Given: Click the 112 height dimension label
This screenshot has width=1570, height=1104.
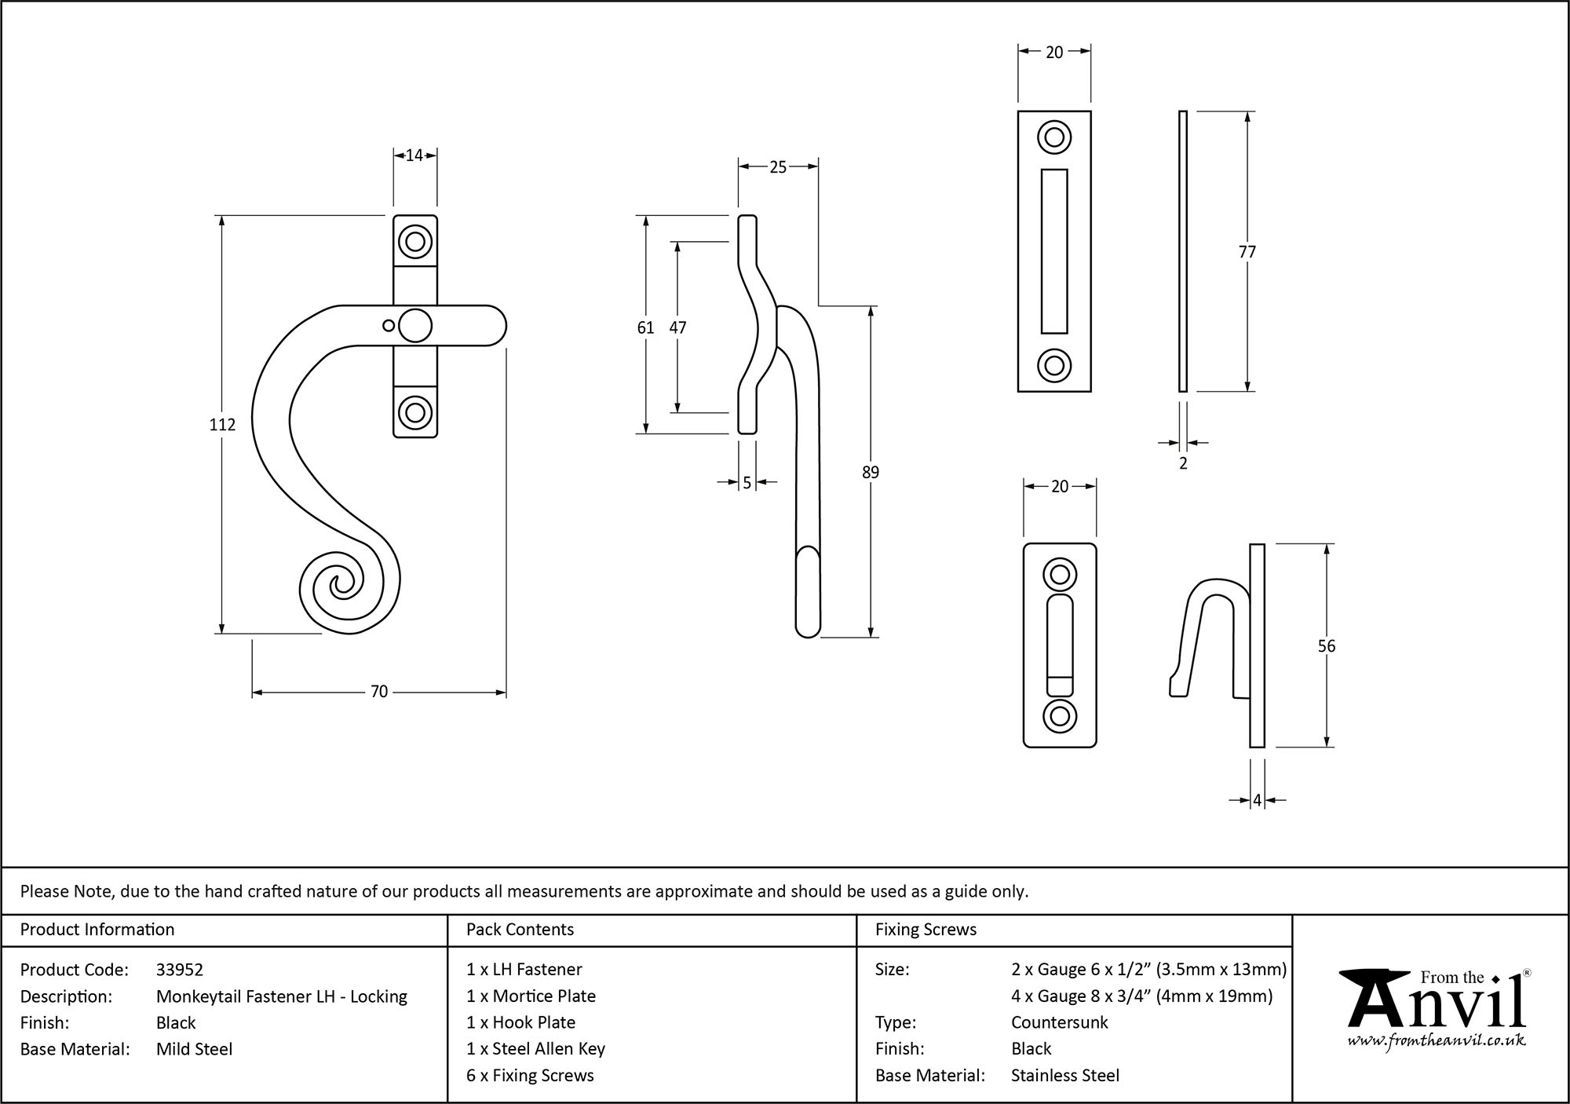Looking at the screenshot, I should (222, 425).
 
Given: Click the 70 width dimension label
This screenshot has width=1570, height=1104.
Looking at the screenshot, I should (379, 692).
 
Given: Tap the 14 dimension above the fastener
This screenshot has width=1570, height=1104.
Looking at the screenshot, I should (414, 155).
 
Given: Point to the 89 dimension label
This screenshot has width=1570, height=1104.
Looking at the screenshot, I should (871, 473).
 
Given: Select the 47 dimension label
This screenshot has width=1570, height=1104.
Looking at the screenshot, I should (677, 327).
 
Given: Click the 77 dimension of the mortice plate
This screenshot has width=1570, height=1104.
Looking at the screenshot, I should (1247, 252).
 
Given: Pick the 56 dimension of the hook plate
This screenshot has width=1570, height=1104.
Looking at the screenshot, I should (1326, 646).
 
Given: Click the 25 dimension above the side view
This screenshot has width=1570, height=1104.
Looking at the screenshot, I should (778, 167).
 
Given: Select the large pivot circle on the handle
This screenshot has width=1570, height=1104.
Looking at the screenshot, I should (415, 326).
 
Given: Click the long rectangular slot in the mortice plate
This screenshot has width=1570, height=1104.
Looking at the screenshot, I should (1054, 251).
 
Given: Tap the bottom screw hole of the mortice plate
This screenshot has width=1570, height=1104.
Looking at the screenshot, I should (1054, 365).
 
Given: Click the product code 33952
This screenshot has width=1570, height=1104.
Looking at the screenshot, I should (180, 970).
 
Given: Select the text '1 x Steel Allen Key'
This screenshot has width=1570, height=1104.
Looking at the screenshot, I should (535, 1049).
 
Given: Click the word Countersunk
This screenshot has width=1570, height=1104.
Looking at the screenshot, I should (1059, 1022).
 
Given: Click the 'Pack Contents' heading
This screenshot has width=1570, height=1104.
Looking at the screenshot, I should (520, 930).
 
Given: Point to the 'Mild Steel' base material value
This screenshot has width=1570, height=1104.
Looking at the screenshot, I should (194, 1049).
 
